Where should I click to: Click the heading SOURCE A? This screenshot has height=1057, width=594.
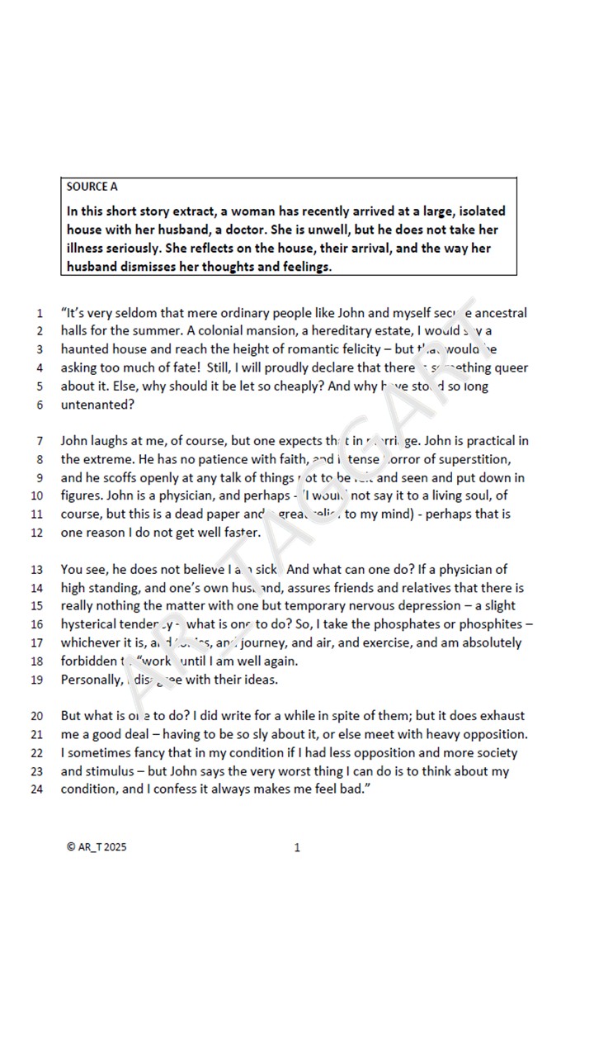point(92,187)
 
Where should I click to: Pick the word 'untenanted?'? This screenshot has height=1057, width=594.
point(97,405)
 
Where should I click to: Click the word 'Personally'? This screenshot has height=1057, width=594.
point(92,680)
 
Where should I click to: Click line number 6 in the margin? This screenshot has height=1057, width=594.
point(39,405)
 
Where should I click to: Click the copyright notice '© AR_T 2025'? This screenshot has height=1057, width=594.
point(97,847)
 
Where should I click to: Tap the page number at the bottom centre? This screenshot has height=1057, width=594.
point(297,847)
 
